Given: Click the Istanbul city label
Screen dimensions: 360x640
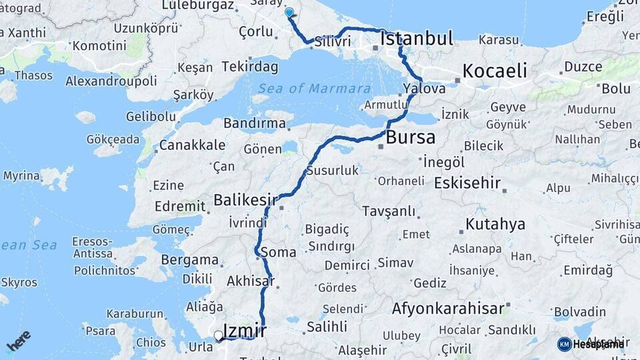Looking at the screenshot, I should coord(417,38).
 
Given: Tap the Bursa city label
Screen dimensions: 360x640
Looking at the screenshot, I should coord(411,138).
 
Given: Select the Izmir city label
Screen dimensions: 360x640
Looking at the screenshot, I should coord(245,331).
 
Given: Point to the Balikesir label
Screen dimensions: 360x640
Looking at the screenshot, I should coord(245,200).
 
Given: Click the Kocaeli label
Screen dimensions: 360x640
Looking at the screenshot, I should coord(495,71).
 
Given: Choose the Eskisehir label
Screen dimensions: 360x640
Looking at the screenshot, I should coord(467,183).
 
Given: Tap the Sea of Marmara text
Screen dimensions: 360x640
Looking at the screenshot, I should coord(315,89).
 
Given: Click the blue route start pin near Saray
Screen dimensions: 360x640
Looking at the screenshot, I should coord(289,13).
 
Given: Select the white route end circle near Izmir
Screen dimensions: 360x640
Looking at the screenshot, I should coord(218,335).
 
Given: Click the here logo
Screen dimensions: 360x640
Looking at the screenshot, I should coord(18,340).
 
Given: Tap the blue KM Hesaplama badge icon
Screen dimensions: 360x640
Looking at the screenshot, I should coord(565,344).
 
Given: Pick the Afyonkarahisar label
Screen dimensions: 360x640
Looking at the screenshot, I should coord(447,309).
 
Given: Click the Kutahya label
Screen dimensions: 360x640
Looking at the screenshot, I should coord(495,224).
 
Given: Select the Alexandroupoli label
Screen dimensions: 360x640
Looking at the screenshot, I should coord(111,81).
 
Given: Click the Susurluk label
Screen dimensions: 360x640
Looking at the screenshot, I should coord(333,171).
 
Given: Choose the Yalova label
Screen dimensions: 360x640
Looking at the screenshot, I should coord(424,89).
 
